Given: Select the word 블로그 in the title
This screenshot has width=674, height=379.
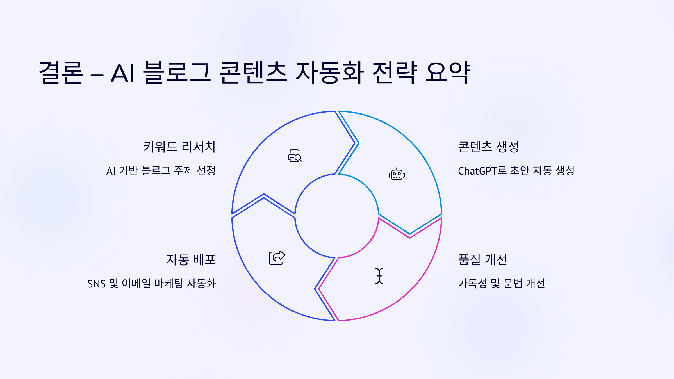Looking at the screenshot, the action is pos(177,73).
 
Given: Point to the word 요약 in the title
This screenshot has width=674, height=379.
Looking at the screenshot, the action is pos(448,73).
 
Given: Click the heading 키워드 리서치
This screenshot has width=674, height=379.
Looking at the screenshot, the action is pos(179,147).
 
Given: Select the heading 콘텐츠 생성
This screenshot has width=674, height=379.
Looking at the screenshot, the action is pos(488,147).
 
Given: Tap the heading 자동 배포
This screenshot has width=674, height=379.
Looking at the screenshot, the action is pos(191,260).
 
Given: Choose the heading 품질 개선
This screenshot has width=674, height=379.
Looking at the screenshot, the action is pos(482,260).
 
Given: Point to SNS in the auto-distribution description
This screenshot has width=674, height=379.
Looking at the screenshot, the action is pos(96,284).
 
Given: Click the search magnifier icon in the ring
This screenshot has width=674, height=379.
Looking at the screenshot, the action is pos(295,156).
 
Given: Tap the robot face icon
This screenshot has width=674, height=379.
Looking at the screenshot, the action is pos(397,174).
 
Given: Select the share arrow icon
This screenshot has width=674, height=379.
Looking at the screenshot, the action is pos(277,258).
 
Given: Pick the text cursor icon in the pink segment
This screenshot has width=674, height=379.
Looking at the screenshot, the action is pos(379,276).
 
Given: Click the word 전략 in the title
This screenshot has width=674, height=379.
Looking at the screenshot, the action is pos(395,73).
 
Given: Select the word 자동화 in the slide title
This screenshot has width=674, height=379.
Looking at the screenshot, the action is pos(330,73).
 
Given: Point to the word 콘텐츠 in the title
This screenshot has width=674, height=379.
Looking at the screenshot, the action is pos(253,73).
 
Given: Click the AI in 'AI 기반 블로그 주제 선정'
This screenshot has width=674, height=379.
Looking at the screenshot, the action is pos(111,171).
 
